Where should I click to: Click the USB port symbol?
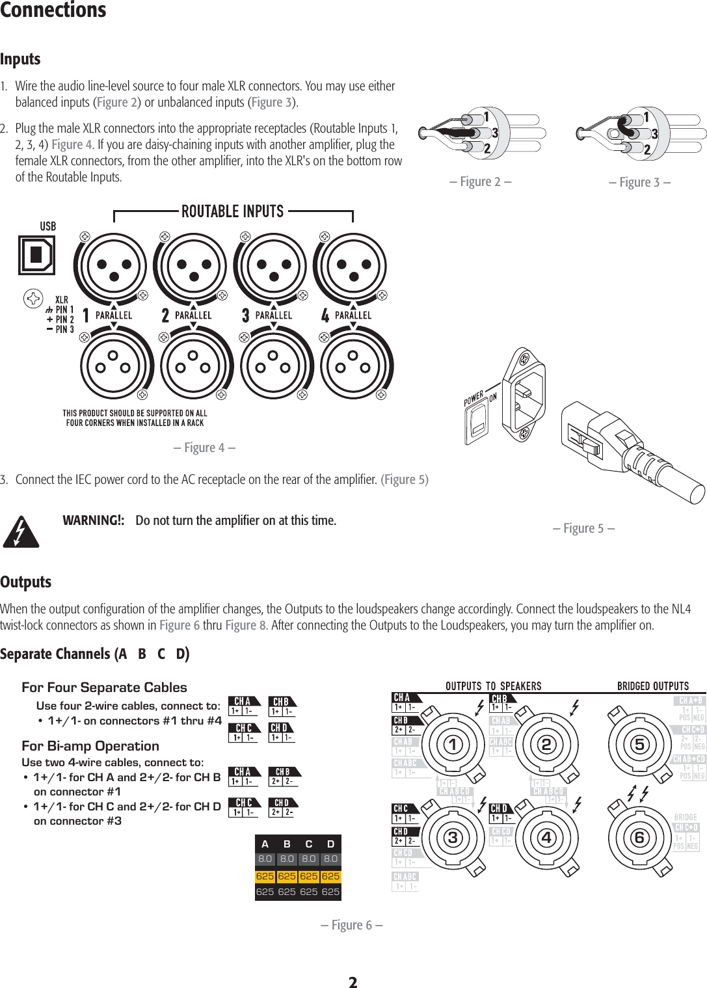click(x=36, y=255)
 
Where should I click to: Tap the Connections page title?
click(x=53, y=10)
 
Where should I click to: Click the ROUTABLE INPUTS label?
click(x=232, y=212)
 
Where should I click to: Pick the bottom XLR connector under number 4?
click(x=352, y=363)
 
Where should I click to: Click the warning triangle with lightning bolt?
click(x=21, y=531)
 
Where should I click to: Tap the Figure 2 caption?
click(x=480, y=182)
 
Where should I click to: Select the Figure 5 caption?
click(x=583, y=528)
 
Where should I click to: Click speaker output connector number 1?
click(x=453, y=745)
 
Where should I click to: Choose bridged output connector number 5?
click(x=640, y=745)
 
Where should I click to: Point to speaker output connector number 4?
click(x=546, y=838)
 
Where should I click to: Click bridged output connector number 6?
click(x=640, y=838)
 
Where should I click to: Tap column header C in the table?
click(x=309, y=844)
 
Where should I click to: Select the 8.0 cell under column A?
click(x=265, y=859)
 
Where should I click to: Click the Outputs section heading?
click(x=26, y=582)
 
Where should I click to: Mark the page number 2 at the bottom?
click(x=353, y=981)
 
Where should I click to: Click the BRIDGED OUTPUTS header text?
click(x=652, y=686)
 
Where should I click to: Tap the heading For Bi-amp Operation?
click(x=90, y=746)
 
